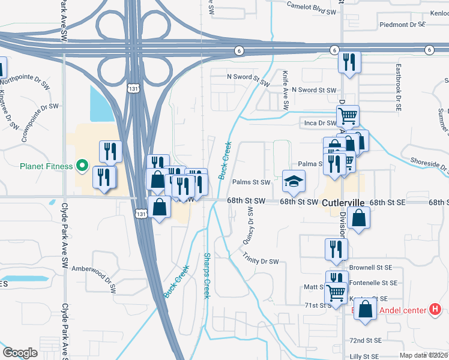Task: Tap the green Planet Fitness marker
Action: (x=83, y=166)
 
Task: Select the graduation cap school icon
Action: (x=294, y=182)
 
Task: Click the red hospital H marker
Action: (x=435, y=310)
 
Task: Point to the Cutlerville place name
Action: (x=343, y=203)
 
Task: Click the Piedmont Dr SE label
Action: (x=402, y=25)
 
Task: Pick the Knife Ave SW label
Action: (x=286, y=90)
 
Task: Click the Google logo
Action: (x=20, y=353)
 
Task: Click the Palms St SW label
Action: (x=252, y=182)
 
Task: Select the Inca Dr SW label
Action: (x=318, y=123)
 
